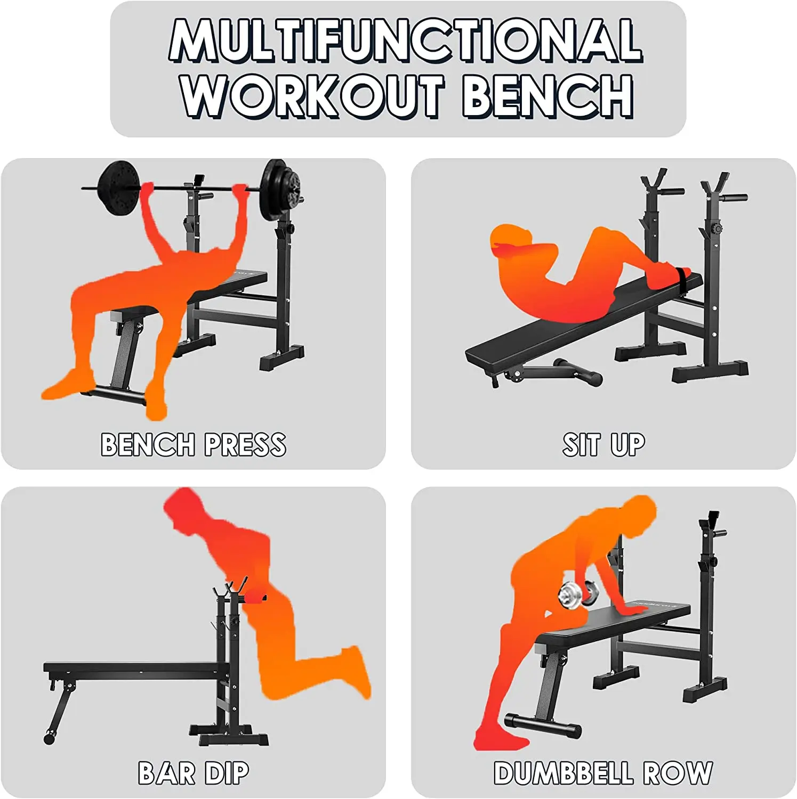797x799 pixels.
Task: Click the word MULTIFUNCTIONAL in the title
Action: [x=405, y=40]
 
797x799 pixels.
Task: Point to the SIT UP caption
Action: [x=603, y=445]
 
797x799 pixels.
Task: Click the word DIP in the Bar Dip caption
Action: [x=227, y=773]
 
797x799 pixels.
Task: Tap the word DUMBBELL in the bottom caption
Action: [x=563, y=773]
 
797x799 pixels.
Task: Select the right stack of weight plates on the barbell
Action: [x=280, y=190]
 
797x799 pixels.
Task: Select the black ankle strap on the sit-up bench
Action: [x=682, y=275]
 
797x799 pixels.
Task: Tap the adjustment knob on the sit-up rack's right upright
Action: [x=717, y=229]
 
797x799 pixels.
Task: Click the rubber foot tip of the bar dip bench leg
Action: [x=49, y=738]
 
